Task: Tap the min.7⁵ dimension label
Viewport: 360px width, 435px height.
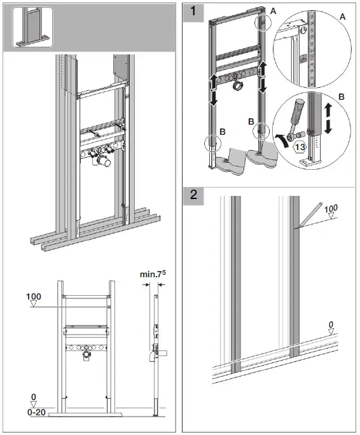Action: [x=153, y=275]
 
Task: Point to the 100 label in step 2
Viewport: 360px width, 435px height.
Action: [x=331, y=208]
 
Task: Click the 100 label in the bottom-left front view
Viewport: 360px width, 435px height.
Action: [x=34, y=297]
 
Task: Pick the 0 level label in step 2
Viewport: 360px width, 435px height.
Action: [x=331, y=325]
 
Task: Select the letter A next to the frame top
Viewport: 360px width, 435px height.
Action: [x=273, y=11]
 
